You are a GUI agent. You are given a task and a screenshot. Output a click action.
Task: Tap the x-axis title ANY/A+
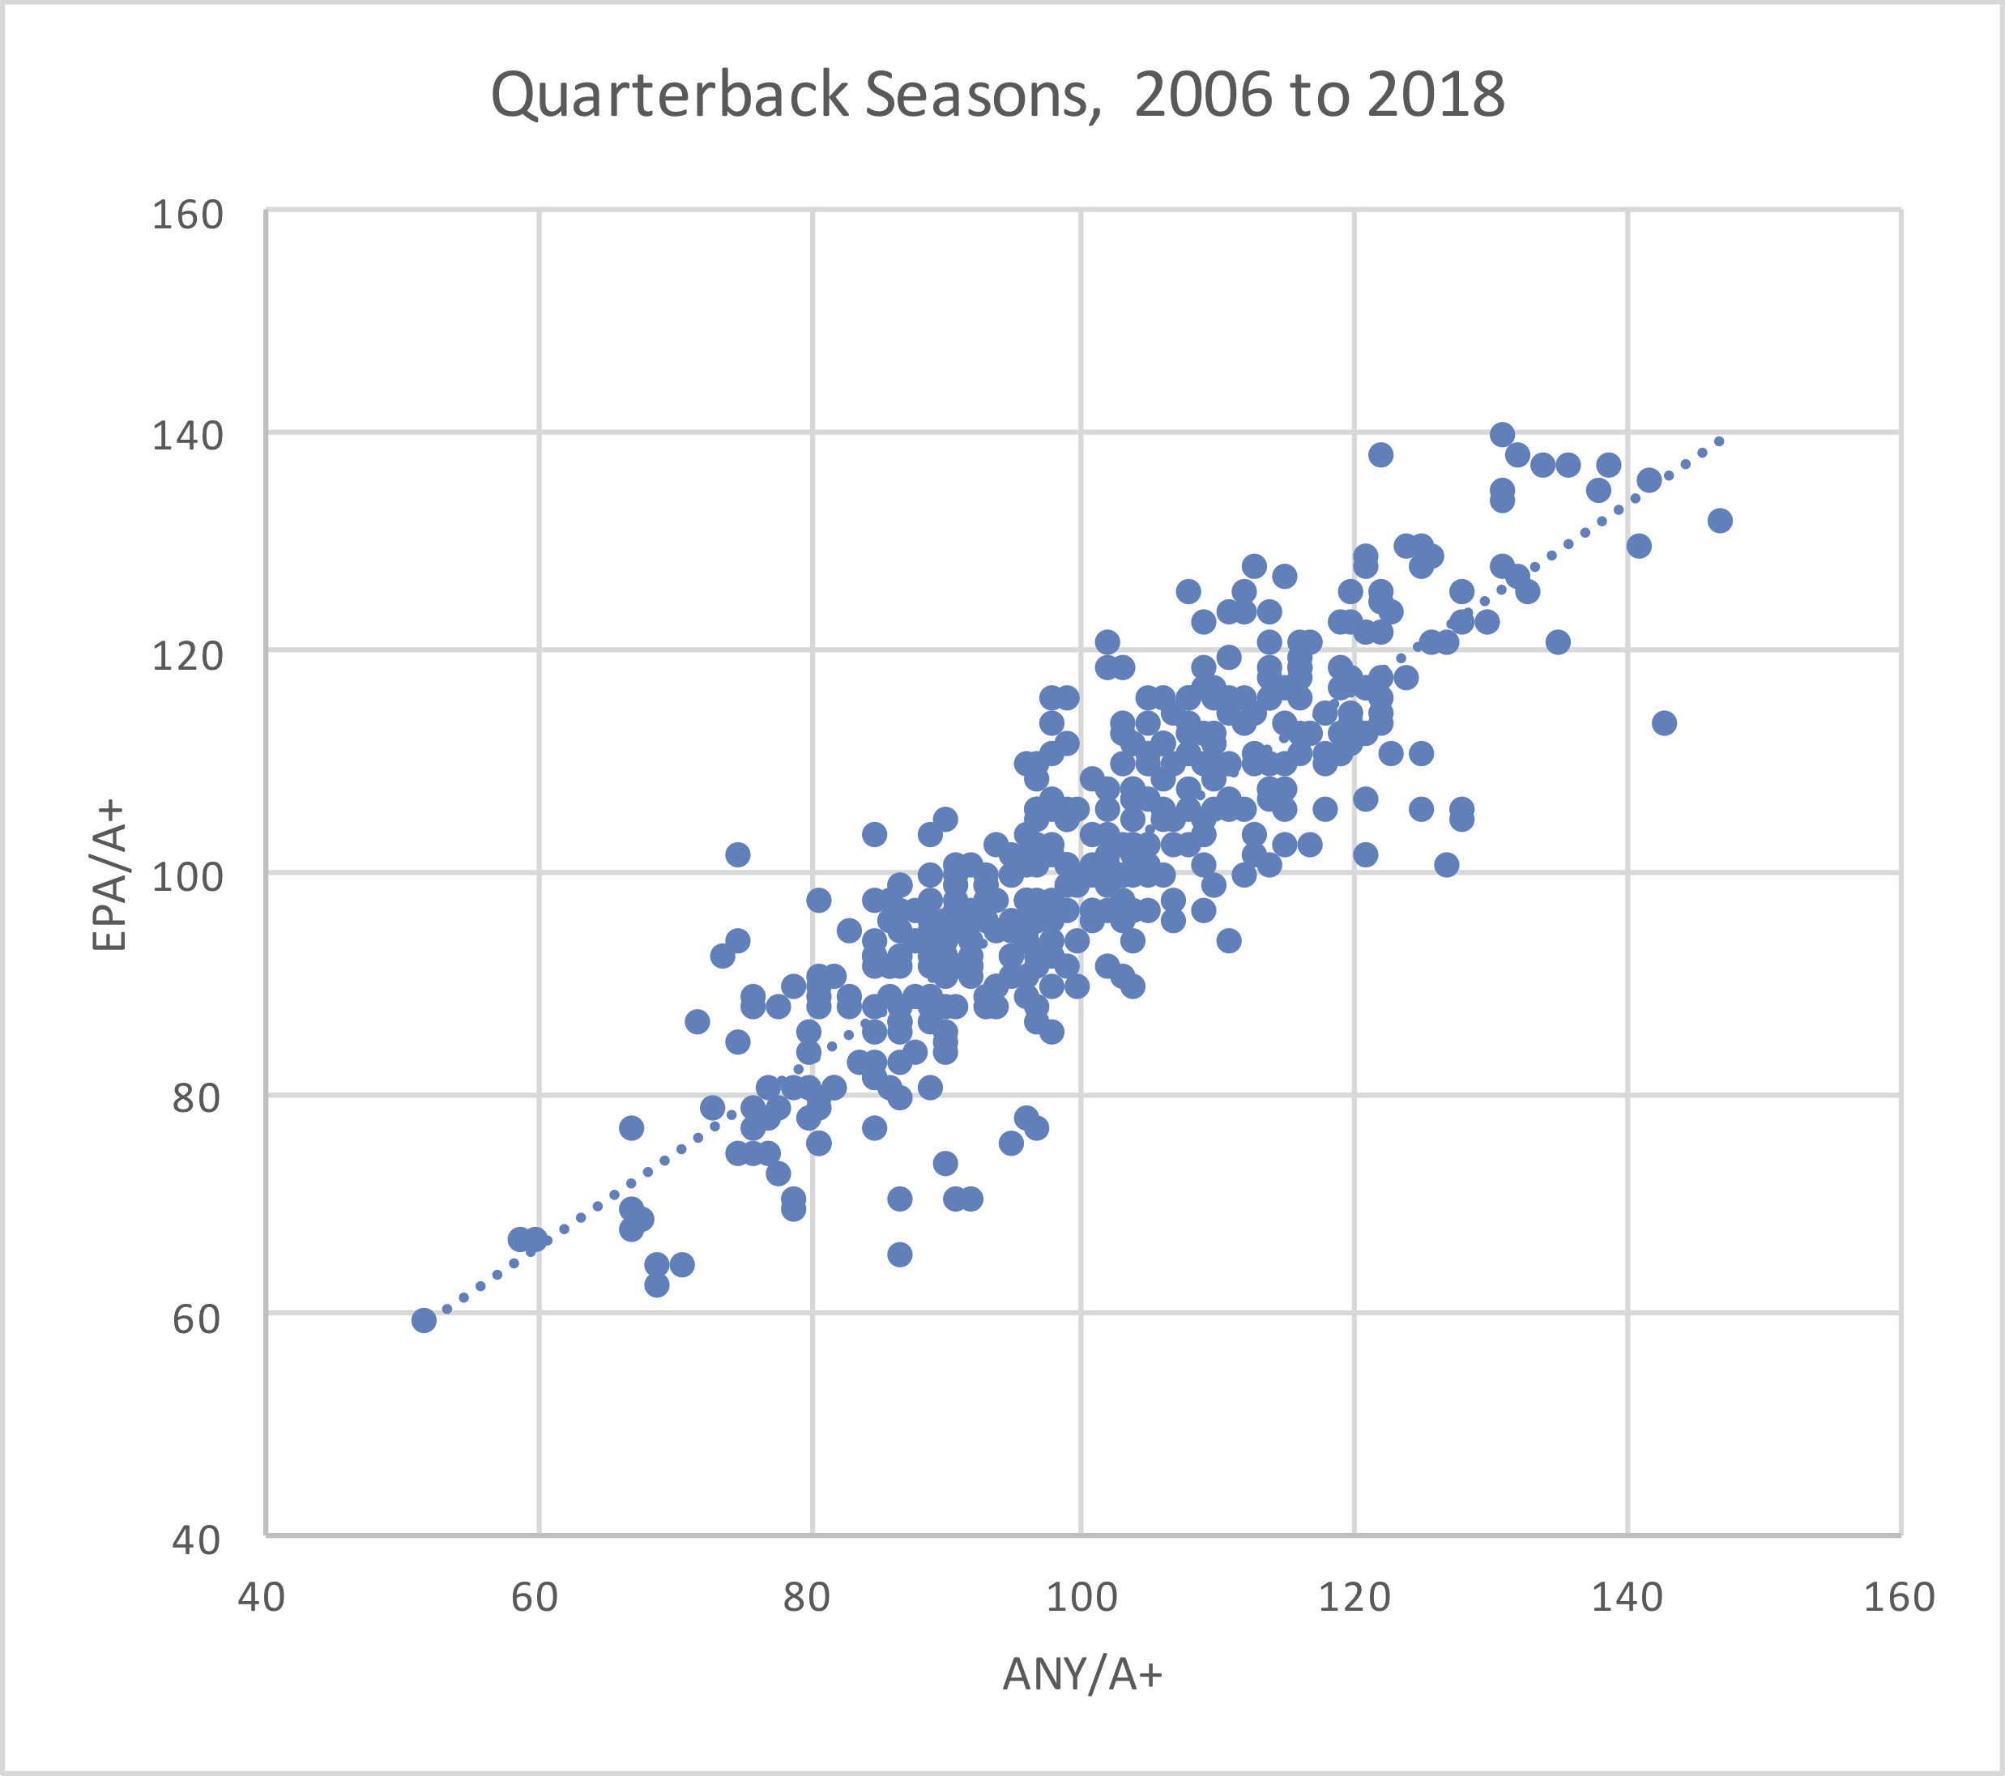(x=1082, y=1674)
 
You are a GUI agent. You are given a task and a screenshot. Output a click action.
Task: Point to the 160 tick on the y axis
(x=187, y=215)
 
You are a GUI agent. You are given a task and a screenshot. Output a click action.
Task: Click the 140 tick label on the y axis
(x=187, y=436)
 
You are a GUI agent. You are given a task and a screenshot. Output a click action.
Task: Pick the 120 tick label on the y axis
(x=187, y=655)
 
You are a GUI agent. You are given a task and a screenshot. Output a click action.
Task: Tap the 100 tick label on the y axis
(x=187, y=875)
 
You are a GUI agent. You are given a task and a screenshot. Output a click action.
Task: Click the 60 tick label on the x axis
(x=535, y=1598)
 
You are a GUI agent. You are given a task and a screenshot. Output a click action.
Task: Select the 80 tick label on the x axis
(x=808, y=1598)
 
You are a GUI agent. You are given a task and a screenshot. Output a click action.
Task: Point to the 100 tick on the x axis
(x=1081, y=1598)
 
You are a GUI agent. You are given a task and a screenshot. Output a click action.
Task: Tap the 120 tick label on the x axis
(x=1354, y=1598)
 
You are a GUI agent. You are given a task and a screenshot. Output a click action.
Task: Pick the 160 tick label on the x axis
(x=1899, y=1598)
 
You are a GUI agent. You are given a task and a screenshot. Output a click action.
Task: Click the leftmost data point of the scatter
(x=424, y=1320)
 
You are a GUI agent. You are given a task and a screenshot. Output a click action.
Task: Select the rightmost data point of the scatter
(x=1720, y=521)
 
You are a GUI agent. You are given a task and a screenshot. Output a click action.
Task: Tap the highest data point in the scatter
(x=1502, y=434)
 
